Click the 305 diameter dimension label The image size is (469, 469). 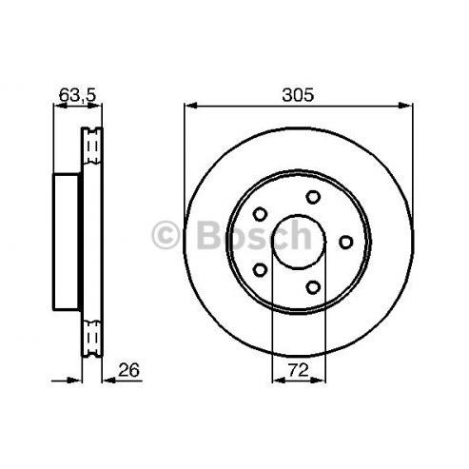coord(298,95)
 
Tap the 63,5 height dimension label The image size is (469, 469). coord(77,94)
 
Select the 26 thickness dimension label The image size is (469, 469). coord(128,370)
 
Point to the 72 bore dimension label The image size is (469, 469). coord(299,370)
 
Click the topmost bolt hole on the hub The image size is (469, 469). coord(313,197)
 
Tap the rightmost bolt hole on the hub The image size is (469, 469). coord(345,243)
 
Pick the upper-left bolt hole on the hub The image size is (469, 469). coord(260,214)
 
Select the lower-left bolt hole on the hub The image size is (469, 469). coord(260,270)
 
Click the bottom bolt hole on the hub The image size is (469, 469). coord(313,287)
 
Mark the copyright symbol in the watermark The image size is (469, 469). coord(166,235)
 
